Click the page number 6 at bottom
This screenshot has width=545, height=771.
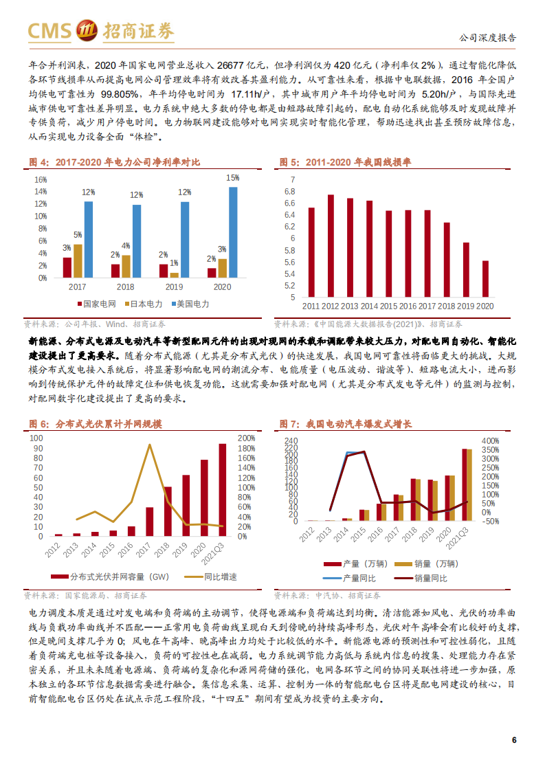click(513, 739)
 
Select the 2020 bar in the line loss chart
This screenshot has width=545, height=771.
click(486, 279)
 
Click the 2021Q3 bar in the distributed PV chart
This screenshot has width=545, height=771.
click(222, 490)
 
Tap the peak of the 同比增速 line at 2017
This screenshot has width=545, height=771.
click(150, 445)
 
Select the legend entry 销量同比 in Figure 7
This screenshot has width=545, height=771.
click(431, 579)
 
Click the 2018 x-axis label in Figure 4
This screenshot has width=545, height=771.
click(126, 286)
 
